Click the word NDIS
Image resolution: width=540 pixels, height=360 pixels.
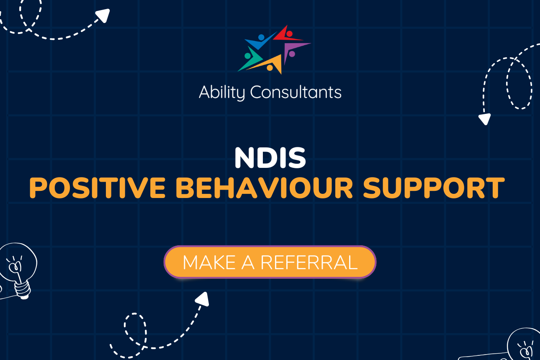pyautogui.click(x=270, y=158)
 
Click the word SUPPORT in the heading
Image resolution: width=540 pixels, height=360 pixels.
pyautogui.click(x=433, y=188)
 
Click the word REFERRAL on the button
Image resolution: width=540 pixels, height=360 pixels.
pyautogui.click(x=309, y=262)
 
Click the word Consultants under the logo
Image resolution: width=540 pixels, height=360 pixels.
pyautogui.click(x=296, y=92)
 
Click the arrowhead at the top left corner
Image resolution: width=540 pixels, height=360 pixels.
pyautogui.click(x=103, y=15)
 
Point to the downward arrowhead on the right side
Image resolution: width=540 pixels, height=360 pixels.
pyautogui.click(x=484, y=119)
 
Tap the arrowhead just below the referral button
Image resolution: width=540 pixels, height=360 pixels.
pyautogui.click(x=203, y=299)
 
